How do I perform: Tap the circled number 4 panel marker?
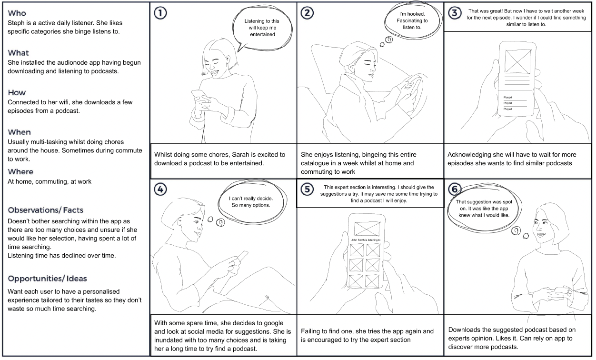161,190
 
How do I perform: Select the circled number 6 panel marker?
456,190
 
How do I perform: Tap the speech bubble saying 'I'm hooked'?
412,21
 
